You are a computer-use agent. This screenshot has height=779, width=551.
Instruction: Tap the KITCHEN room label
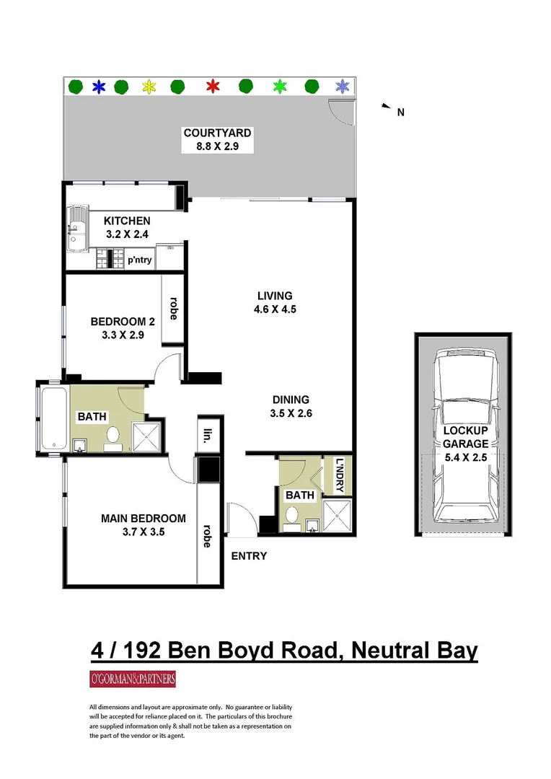(x=127, y=221)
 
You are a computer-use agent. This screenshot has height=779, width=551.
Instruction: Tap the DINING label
(x=291, y=400)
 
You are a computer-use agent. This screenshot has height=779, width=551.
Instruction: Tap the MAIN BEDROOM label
(x=143, y=519)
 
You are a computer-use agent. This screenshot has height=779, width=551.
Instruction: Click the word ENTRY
(x=249, y=556)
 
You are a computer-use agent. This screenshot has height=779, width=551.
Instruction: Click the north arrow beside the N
(x=385, y=107)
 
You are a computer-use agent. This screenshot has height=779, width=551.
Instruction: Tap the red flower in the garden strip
(x=212, y=87)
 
